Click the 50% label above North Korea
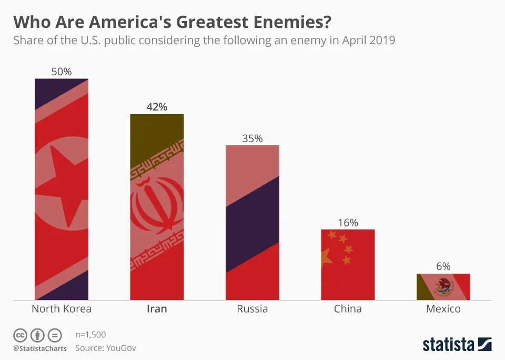pyautogui.click(x=62, y=72)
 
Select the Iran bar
pyautogui.click(x=157, y=211)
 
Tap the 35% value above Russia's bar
pyautogui.click(x=252, y=138)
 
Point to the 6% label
pyautogui.click(x=443, y=267)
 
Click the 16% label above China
pyautogui.click(x=348, y=223)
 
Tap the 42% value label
pyautogui.click(x=157, y=107)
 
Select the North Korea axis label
pyautogui.click(x=62, y=309)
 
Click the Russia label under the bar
pyautogui.click(x=252, y=309)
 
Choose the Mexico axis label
pyautogui.click(x=443, y=309)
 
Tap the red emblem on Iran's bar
pyautogui.click(x=157, y=205)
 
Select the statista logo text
pyautogui.click(x=448, y=345)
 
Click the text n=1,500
pyautogui.click(x=90, y=335)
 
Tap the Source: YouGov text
pyautogui.click(x=105, y=348)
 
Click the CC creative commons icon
pyautogui.click(x=20, y=335)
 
